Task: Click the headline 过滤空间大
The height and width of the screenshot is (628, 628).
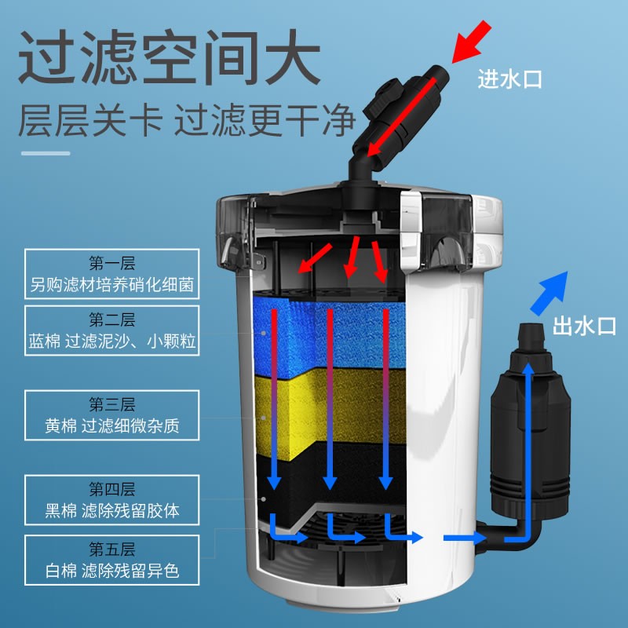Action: point(170,58)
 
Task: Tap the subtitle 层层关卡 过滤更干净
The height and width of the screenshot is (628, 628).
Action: point(188,122)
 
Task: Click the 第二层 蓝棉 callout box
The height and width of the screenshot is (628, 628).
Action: point(111,331)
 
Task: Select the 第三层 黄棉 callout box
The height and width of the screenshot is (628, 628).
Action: point(111,416)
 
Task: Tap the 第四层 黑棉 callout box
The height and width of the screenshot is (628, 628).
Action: point(111,501)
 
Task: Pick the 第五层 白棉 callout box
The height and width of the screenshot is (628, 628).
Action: point(111,559)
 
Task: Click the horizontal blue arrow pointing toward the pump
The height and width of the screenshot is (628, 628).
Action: point(463,538)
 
